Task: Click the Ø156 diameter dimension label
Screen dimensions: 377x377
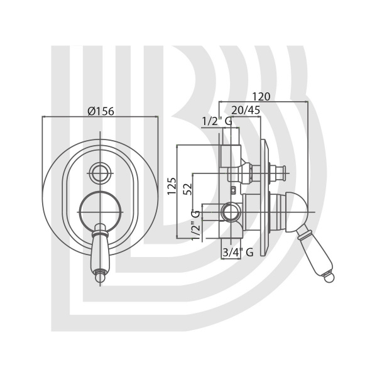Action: [101, 111]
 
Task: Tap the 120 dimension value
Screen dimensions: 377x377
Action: [261, 96]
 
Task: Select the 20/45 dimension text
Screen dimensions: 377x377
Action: [246, 110]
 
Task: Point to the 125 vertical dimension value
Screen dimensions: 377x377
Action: [172, 186]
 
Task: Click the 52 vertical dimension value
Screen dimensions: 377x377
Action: [188, 188]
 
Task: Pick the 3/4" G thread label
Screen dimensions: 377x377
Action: [238, 252]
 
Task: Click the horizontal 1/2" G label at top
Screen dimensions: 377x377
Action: [217, 121]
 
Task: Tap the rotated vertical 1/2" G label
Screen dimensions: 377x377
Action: [195, 225]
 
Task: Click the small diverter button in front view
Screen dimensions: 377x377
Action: [101, 173]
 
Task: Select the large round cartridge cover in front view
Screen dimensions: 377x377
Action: [101, 212]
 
